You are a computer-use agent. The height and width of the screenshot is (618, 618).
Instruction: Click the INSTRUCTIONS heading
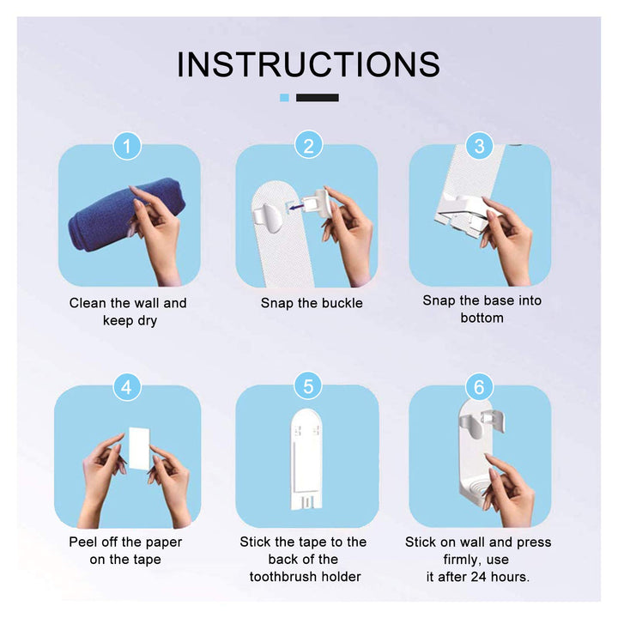[x=308, y=64]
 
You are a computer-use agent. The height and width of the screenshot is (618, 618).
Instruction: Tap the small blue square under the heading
[x=284, y=98]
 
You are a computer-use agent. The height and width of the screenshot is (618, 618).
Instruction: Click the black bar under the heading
[x=318, y=98]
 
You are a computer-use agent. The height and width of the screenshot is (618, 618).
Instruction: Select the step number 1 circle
[x=127, y=146]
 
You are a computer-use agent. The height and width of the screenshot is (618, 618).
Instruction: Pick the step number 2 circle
[x=309, y=145]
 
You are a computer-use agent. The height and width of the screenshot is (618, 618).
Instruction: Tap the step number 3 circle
[x=479, y=146]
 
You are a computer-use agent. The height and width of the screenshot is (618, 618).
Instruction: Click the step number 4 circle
[x=127, y=387]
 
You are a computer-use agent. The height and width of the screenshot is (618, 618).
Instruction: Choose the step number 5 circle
[x=308, y=386]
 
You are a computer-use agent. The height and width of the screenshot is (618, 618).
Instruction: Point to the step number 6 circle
[x=479, y=387]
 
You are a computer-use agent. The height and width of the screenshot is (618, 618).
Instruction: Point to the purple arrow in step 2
[x=295, y=206]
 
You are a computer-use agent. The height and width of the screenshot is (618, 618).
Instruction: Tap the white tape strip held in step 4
[x=139, y=449]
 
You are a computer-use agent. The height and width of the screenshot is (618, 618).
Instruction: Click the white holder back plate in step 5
[x=306, y=459]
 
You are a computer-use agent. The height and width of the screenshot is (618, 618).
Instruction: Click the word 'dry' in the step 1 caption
[x=148, y=321]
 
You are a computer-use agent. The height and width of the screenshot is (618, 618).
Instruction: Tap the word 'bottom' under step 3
[x=482, y=318]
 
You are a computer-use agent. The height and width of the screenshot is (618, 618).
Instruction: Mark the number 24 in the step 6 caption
[x=478, y=577]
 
